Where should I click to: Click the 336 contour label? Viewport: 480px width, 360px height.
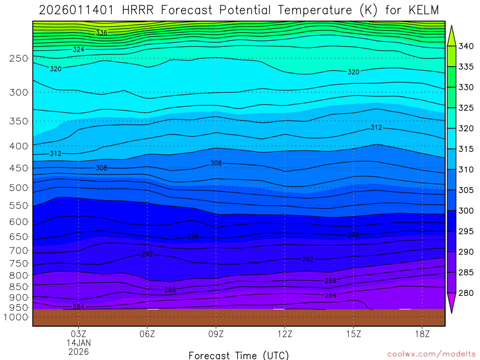click(x=101, y=33)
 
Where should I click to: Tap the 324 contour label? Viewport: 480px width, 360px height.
click(x=78, y=49)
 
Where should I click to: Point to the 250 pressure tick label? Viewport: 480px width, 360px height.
click(x=19, y=59)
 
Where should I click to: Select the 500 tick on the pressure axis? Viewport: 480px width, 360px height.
click(x=19, y=188)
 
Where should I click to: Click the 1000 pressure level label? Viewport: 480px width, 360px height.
click(x=16, y=317)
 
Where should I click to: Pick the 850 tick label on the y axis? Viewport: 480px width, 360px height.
click(x=19, y=287)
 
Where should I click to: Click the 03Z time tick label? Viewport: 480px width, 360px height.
click(x=78, y=334)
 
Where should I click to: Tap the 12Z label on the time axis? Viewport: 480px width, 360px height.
click(x=285, y=334)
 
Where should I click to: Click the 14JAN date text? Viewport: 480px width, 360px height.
click(x=78, y=343)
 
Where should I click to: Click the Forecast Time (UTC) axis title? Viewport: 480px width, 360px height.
click(x=239, y=355)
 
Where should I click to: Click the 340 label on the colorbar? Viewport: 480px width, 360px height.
click(x=466, y=46)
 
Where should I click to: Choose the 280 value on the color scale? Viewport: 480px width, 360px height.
click(x=466, y=293)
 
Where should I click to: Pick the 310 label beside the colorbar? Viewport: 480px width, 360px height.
click(x=466, y=170)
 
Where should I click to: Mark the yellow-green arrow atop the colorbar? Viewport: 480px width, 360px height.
click(x=452, y=36)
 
